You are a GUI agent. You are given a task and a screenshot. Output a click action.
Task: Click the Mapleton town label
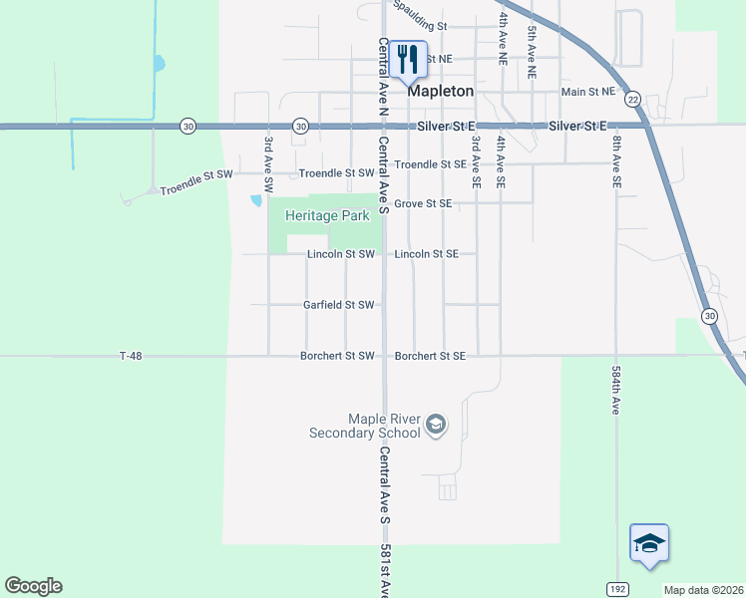(440, 90)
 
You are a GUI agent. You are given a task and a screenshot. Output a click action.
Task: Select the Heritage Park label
(327, 215)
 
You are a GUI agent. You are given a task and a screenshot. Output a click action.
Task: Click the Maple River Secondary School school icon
(435, 426)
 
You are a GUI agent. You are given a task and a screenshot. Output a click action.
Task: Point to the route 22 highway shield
(633, 100)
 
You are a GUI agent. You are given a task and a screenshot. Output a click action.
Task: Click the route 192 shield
(617, 588)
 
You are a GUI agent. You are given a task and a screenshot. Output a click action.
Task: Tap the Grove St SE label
(423, 203)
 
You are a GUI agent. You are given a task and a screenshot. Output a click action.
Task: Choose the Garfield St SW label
(339, 305)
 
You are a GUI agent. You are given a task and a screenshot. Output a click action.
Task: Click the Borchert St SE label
(430, 356)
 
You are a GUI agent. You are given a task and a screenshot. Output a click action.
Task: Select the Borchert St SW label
(337, 356)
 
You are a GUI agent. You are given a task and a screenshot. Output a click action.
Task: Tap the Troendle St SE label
(430, 163)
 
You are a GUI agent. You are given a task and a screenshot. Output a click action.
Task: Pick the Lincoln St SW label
(340, 254)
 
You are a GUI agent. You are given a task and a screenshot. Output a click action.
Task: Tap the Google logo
(33, 586)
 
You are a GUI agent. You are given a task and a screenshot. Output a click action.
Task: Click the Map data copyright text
(703, 590)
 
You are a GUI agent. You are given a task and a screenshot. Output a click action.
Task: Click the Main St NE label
(587, 92)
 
